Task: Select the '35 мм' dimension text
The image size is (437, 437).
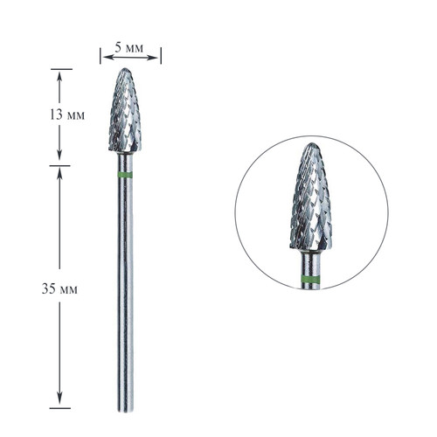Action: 64,289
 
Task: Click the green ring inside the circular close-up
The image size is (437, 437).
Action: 311,280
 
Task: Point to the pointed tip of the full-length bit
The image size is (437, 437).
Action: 128,71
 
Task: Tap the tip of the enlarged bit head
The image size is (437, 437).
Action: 311,144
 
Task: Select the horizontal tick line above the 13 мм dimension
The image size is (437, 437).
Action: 59,68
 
